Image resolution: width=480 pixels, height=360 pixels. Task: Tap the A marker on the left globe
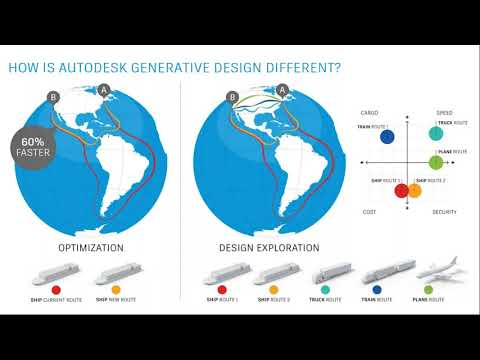click(103, 90)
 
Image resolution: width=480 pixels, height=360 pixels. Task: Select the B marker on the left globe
click(53, 98)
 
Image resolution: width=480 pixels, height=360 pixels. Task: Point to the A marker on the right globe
click(282, 90)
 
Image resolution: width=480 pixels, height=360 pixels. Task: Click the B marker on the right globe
click(232, 98)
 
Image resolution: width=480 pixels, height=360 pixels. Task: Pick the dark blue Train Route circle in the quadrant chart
click(387, 136)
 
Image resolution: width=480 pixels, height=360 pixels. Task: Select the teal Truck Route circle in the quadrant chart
click(435, 133)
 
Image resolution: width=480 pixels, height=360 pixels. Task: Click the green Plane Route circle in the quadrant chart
click(435, 161)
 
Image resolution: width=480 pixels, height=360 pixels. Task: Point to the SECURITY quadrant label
click(446, 212)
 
